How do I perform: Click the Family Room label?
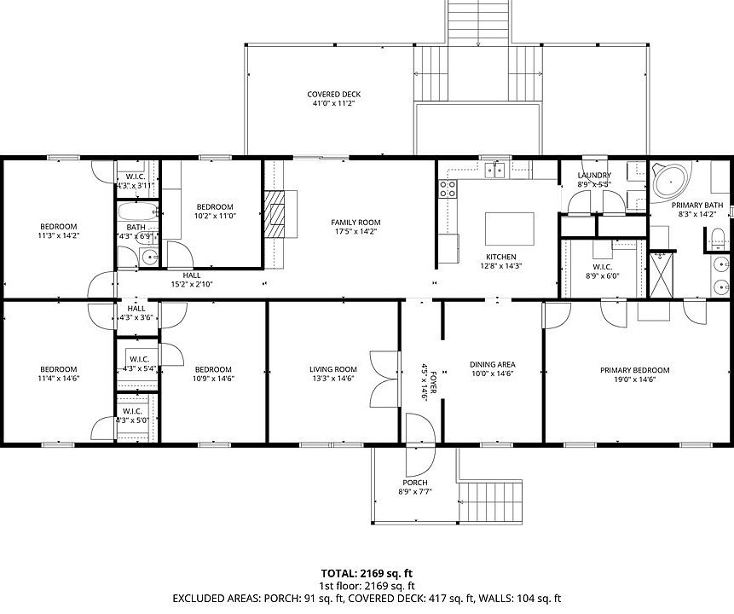355,223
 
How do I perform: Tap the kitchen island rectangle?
509,229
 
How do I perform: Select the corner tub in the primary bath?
671,180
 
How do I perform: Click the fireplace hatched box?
275,215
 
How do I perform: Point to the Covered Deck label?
334,94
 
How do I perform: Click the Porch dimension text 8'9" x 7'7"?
415,491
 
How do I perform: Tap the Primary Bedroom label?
635,370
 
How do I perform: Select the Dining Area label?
493,364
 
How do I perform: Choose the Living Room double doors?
384,379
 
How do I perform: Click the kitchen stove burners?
448,188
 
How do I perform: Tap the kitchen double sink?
494,170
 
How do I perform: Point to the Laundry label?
594,175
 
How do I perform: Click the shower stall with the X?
662,275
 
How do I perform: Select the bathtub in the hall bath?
137,211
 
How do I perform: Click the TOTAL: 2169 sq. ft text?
367,573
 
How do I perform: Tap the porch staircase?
490,501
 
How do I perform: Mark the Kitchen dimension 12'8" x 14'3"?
501,265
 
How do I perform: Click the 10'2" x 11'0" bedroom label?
215,216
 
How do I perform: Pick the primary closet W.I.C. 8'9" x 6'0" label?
603,272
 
